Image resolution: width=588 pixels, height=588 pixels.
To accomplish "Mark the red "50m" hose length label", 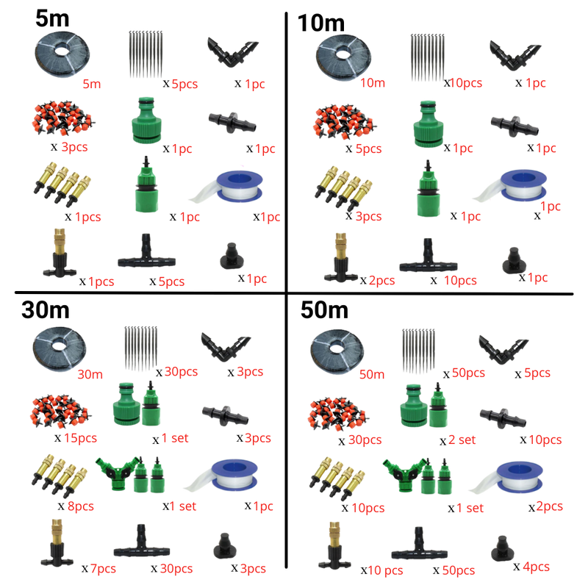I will [371, 373].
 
